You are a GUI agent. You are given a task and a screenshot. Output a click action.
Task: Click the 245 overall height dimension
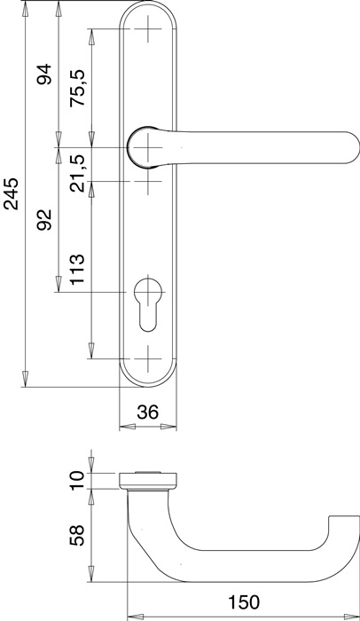[12, 194]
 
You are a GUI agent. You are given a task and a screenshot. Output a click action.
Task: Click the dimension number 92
[43, 221]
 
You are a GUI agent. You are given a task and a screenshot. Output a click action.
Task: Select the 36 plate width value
[148, 412]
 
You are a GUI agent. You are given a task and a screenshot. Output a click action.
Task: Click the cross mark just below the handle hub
[148, 182]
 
